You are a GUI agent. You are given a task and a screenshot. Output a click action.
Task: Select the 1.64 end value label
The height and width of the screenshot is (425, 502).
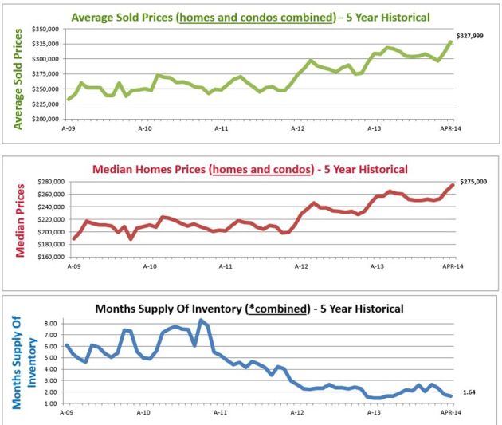coord(469,392)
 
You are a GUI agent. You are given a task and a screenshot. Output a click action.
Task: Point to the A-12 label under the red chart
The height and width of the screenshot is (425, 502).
coord(296,266)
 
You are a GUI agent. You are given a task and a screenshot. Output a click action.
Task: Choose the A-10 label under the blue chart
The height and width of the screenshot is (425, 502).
coord(143,412)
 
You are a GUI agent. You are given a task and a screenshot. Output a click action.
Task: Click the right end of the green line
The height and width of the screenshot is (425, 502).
coord(451,41)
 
